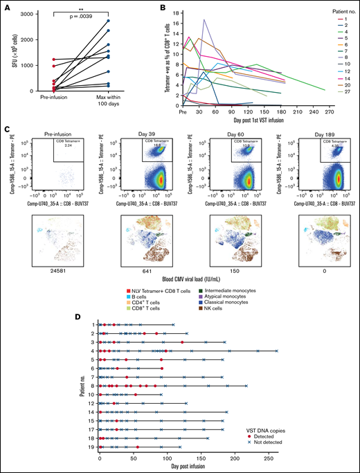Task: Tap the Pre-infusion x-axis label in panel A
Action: coord(55,98)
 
